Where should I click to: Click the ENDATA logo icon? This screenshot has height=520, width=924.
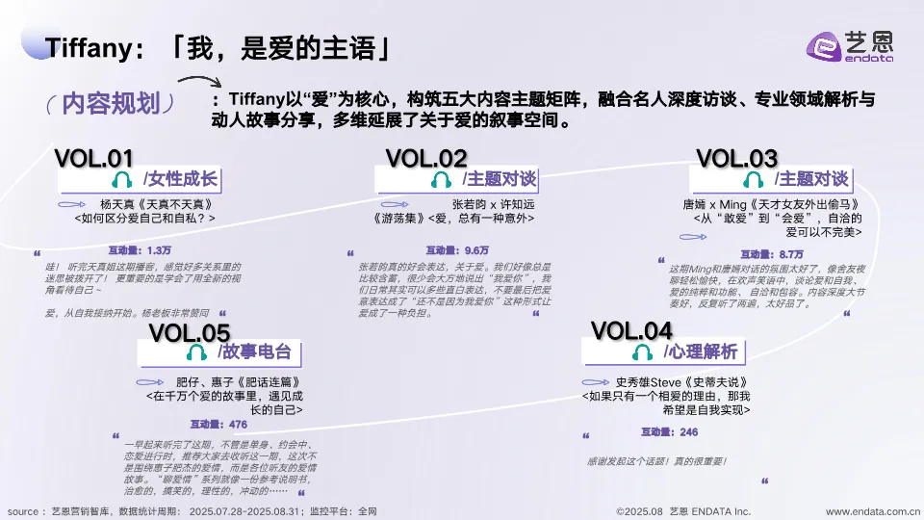[824, 46]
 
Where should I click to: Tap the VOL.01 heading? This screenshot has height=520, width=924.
[93, 158]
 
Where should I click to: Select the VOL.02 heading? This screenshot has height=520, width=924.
[426, 158]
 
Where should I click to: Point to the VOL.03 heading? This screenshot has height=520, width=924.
[736, 158]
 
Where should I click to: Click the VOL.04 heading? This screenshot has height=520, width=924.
[631, 330]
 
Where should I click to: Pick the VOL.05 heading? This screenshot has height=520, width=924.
[190, 333]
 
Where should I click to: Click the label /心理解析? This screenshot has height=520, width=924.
[700, 351]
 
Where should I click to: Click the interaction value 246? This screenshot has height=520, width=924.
[688, 433]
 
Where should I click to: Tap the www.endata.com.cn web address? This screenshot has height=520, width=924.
[872, 511]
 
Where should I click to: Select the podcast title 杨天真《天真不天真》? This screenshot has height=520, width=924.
[155, 205]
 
